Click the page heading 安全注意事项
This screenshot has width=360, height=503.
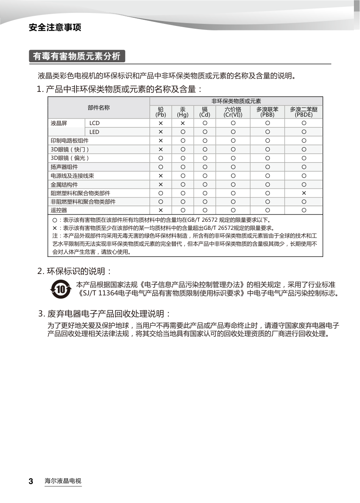[55, 28]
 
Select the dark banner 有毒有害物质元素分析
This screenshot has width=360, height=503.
[77, 56]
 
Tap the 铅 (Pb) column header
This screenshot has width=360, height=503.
[161, 112]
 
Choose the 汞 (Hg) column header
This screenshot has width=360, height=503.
[183, 112]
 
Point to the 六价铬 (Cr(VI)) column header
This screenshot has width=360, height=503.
[233, 112]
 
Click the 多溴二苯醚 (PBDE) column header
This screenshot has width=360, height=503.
[304, 112]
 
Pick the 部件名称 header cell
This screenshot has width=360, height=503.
[99, 108]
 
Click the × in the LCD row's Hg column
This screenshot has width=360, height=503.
[183, 123]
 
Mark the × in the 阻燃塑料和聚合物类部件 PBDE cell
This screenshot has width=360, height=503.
[304, 193]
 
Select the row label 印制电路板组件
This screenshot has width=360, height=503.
[70, 141]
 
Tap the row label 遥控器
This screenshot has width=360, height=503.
[59, 210]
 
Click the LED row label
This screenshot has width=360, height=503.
[94, 132]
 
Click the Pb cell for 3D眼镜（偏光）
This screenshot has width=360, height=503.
[161, 158]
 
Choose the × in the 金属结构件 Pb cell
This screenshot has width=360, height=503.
[161, 185]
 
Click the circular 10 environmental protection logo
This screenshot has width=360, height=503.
[61, 289]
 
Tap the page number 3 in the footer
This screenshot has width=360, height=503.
[31, 482]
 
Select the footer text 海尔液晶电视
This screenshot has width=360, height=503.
[63, 482]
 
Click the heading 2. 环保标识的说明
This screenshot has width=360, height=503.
[75, 271]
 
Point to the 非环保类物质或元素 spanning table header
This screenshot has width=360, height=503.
[236, 101]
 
